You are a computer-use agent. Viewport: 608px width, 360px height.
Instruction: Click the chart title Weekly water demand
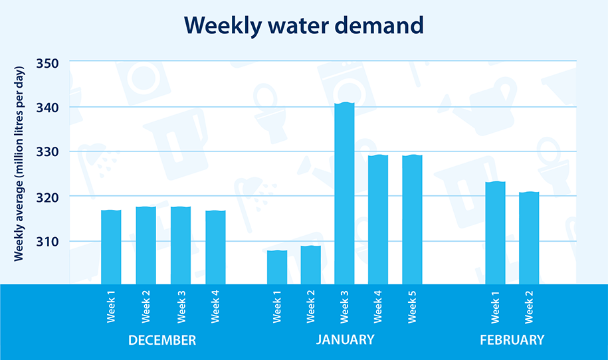tap(304, 25)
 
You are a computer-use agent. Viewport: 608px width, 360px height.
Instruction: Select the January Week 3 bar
tap(344, 193)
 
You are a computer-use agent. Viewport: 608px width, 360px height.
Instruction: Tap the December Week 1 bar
tap(111, 246)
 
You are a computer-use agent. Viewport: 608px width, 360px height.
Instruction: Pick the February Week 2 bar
tap(529, 238)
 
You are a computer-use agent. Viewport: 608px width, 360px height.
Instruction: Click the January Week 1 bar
tap(277, 266)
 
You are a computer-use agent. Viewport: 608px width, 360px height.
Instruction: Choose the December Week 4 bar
tap(215, 246)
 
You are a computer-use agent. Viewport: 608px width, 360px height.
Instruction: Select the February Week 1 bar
tap(495, 232)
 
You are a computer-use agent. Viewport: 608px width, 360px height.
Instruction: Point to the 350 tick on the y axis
tap(47, 63)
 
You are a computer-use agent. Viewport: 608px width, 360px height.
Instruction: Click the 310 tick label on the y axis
tap(47, 241)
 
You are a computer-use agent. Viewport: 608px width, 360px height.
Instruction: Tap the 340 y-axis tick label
tap(47, 108)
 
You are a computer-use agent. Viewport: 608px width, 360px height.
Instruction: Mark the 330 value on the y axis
tap(47, 152)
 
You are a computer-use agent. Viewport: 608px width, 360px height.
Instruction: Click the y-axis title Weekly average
tap(21, 163)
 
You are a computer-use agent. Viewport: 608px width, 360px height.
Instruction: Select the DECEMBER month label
tap(162, 340)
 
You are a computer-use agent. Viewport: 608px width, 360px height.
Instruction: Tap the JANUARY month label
tap(345, 340)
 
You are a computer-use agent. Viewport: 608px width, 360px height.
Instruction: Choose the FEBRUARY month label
tap(512, 340)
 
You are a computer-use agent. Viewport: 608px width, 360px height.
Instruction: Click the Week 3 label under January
tap(344, 306)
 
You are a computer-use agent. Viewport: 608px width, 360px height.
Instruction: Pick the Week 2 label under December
tap(146, 306)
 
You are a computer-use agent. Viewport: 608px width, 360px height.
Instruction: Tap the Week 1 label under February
tap(495, 306)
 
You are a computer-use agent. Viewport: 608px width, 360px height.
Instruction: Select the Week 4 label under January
tap(377, 306)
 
